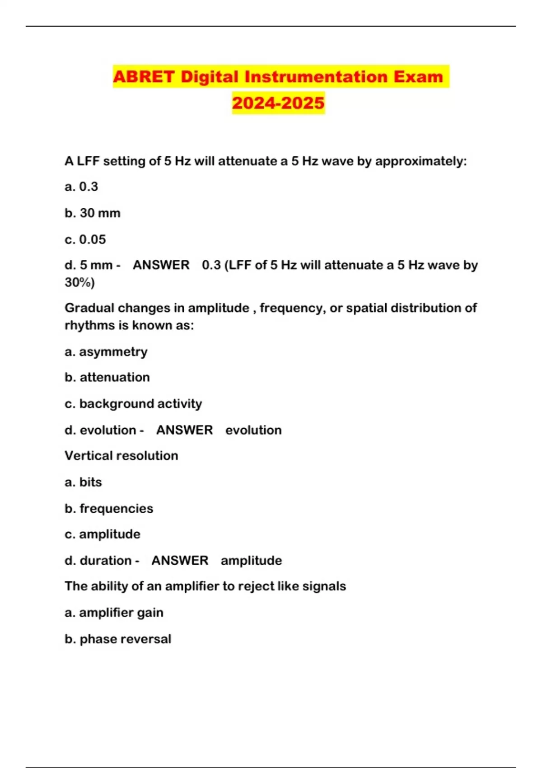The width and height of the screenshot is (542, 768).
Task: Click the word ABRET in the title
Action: click(x=144, y=77)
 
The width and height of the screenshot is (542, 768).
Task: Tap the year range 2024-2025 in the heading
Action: click(x=278, y=103)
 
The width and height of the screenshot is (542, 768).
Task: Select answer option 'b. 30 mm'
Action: click(x=93, y=213)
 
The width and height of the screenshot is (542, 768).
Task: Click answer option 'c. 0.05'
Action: click(x=85, y=239)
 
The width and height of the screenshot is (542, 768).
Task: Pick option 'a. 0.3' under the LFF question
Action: click(x=81, y=187)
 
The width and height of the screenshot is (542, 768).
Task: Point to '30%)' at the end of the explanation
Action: click(x=79, y=283)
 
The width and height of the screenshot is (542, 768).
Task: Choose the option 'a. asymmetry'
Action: click(x=106, y=351)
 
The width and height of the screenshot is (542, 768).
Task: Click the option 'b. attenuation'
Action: click(x=107, y=377)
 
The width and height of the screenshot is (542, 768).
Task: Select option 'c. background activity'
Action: click(x=133, y=403)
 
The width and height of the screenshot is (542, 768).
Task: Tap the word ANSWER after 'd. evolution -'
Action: click(x=184, y=430)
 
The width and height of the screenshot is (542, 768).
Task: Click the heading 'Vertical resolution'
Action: click(x=121, y=455)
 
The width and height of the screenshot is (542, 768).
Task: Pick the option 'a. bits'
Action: click(x=83, y=482)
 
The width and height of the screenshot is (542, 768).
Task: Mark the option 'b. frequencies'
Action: click(x=109, y=509)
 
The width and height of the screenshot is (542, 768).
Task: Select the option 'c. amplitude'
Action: click(x=103, y=534)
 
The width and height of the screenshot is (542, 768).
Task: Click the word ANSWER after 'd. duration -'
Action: click(x=180, y=561)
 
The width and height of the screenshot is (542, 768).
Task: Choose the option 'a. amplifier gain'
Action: click(x=114, y=613)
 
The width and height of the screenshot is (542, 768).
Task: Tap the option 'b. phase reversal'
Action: click(x=118, y=639)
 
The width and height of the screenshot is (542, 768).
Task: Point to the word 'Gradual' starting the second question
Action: click(x=89, y=308)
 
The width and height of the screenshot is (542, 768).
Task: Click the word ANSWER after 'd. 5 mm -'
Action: click(x=161, y=265)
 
